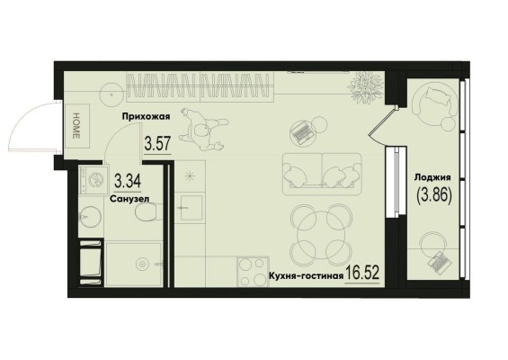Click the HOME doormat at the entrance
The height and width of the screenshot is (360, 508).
[x=77, y=126]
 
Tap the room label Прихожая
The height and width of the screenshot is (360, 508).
[x=146, y=116]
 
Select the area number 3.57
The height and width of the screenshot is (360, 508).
[x=157, y=144]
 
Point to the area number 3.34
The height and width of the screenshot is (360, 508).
[x=128, y=181]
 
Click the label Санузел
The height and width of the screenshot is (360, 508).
[x=129, y=199]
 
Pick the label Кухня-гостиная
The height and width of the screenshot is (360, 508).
[x=306, y=276]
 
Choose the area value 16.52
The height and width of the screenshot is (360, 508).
[x=362, y=273]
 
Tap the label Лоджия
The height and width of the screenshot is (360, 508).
[x=432, y=177]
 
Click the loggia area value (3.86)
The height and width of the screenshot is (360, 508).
[x=433, y=195]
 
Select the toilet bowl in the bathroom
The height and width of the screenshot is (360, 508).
[x=148, y=211]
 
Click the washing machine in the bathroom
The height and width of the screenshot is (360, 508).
[x=94, y=180]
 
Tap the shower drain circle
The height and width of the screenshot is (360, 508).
[x=142, y=265]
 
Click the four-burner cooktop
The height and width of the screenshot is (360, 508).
[x=253, y=272]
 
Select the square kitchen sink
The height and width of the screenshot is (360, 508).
[x=192, y=208]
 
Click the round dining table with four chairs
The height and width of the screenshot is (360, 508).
[x=321, y=235]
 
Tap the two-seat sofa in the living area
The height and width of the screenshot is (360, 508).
[x=322, y=175]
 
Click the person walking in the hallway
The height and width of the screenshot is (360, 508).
[x=204, y=130]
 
